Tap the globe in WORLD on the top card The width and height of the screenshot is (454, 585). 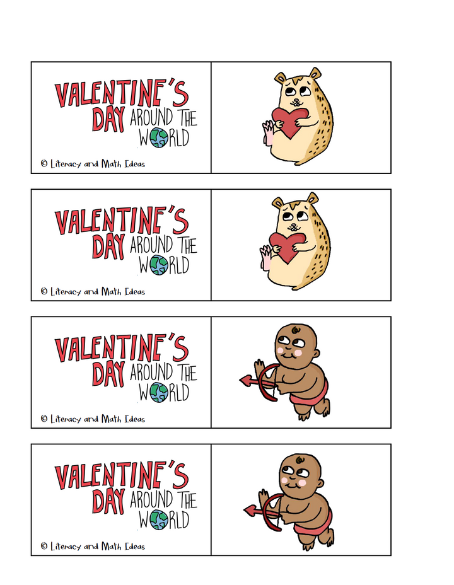tap(159, 138)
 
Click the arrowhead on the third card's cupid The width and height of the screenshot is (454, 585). tap(245, 379)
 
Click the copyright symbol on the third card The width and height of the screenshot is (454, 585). tap(44, 419)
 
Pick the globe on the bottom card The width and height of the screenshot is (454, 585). tap(159, 520)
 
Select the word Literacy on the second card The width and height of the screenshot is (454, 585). tap(66, 291)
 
